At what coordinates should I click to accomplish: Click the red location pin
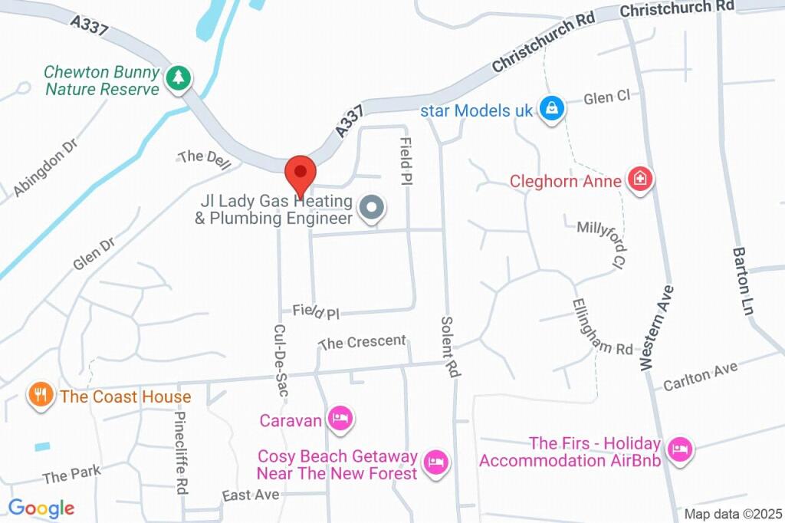pyautogui.click(x=300, y=173)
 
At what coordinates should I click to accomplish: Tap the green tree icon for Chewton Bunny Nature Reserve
pyautogui.click(x=179, y=77)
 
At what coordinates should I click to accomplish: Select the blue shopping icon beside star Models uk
pyautogui.click(x=551, y=109)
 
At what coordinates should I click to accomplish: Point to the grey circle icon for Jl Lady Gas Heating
pyautogui.click(x=373, y=207)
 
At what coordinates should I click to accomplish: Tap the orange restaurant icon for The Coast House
pyautogui.click(x=40, y=396)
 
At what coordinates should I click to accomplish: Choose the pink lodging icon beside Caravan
pyautogui.click(x=341, y=419)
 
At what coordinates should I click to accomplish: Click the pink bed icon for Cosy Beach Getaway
pyautogui.click(x=436, y=462)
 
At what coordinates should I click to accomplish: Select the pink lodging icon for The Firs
pyautogui.click(x=678, y=449)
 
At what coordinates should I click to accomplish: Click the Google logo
pyautogui.click(x=41, y=508)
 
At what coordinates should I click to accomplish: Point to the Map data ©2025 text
pyautogui.click(x=732, y=514)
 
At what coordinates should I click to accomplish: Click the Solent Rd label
pyautogui.click(x=449, y=346)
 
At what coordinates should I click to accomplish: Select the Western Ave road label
pyautogui.click(x=657, y=327)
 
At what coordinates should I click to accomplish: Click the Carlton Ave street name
pyautogui.click(x=700, y=375)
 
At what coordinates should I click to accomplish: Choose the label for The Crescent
pyautogui.click(x=362, y=342)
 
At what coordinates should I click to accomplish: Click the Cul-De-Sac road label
pyautogui.click(x=280, y=359)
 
